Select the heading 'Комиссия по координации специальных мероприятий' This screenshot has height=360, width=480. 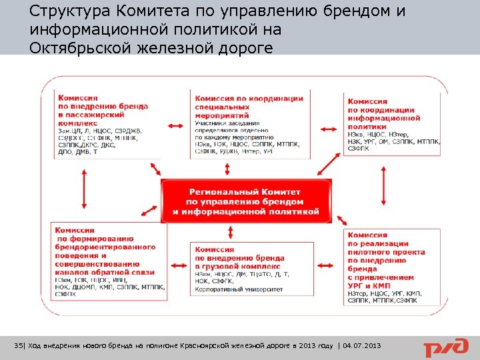248,107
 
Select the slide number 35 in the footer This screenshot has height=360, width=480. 18,345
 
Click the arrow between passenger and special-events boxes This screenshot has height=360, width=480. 176,125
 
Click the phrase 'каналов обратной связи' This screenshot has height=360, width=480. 105,272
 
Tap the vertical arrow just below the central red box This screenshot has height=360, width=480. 231,232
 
